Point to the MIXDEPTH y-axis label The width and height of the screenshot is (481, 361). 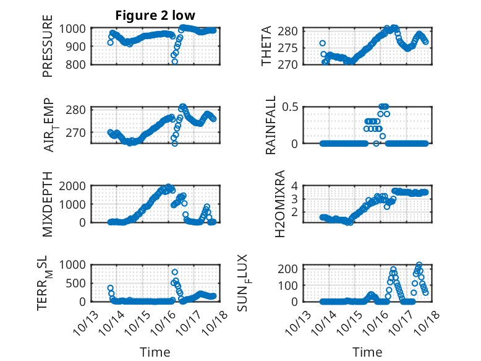48,204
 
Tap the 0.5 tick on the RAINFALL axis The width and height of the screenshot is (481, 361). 291,107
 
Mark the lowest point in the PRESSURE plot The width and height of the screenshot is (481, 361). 175,61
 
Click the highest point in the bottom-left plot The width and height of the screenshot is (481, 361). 175,272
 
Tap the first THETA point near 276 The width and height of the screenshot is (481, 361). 323,43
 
